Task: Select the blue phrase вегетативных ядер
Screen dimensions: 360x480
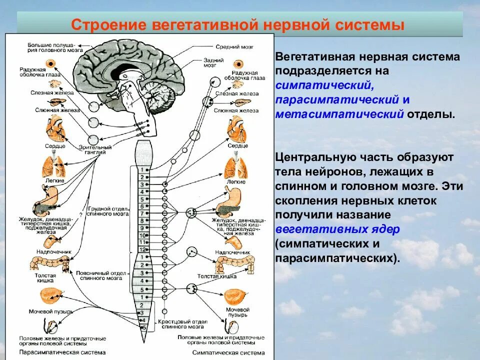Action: click(336, 229)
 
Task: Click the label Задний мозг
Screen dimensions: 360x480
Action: click(224, 62)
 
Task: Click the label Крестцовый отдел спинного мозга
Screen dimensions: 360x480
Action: click(180, 324)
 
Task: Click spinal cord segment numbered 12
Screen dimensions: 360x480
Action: click(142, 249)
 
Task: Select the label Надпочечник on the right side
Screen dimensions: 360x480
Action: click(232, 253)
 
